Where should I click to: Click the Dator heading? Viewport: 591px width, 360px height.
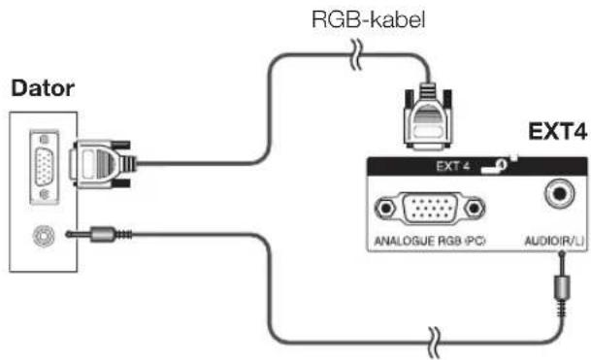click(43, 88)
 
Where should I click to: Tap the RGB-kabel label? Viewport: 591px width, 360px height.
click(369, 19)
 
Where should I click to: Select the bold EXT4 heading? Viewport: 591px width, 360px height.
click(557, 132)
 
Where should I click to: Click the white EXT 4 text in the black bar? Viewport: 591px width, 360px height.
click(452, 166)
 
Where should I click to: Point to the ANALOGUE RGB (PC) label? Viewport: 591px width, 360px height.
click(430, 241)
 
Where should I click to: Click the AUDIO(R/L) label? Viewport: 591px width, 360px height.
click(555, 241)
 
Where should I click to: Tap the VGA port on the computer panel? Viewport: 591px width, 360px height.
click(44, 167)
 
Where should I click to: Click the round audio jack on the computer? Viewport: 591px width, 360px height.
click(44, 236)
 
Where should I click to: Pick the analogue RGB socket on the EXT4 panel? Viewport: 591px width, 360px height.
click(430, 209)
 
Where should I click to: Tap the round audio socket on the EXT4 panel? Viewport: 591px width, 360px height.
click(560, 194)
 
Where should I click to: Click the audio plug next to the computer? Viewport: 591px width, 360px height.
click(99, 235)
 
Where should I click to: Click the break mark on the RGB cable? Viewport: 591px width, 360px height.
click(356, 55)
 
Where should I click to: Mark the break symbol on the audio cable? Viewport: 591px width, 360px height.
click(435, 343)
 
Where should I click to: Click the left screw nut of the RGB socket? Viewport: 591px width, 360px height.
click(385, 208)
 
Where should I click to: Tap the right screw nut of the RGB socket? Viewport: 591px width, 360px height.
click(475, 208)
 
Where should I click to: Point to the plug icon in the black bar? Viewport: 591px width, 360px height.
click(495, 166)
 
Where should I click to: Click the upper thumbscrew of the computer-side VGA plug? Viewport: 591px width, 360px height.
click(121, 145)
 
